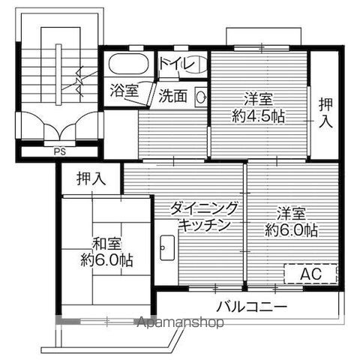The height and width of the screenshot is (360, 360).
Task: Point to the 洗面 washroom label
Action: [x=172, y=95]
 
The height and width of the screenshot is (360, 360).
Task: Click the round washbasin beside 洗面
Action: [x=200, y=96]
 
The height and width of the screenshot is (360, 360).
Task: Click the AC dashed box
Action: [x=310, y=274]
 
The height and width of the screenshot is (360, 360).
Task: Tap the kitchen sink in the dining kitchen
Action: [x=166, y=247]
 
